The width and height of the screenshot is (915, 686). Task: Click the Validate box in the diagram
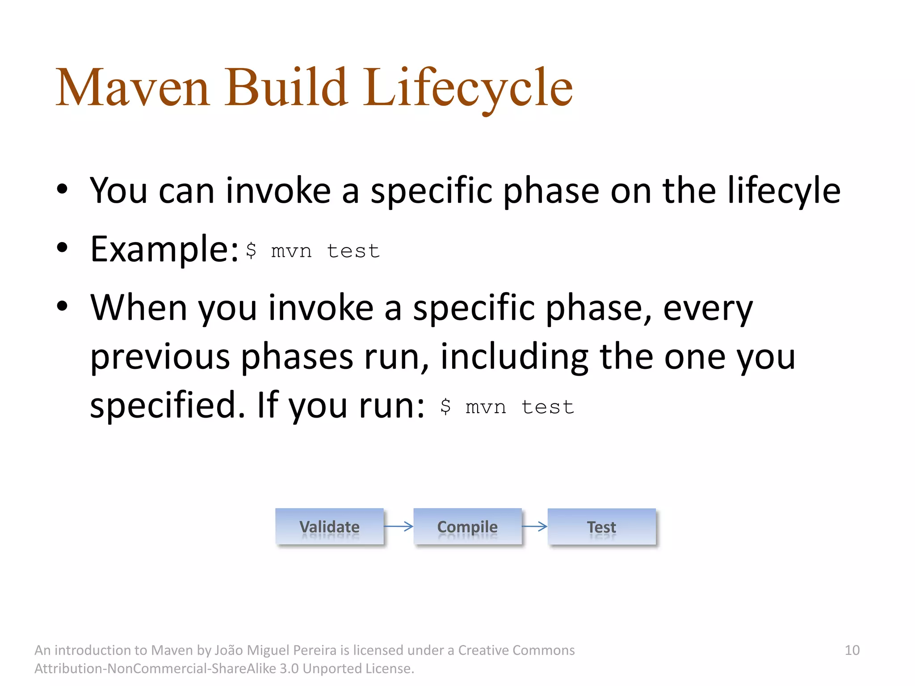pyautogui.click(x=329, y=527)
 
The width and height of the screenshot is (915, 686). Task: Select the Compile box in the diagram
pyautogui.click(x=467, y=527)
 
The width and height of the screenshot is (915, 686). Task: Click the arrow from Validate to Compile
pyautogui.click(x=399, y=527)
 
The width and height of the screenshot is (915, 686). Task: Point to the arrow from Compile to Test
pyautogui.click(x=534, y=527)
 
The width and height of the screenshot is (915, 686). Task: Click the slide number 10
pyautogui.click(x=852, y=650)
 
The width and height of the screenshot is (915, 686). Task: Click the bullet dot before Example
pyautogui.click(x=62, y=247)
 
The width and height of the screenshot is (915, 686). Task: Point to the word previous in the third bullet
pyautogui.click(x=160, y=357)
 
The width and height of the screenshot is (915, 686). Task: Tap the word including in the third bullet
pyautogui.click(x=514, y=357)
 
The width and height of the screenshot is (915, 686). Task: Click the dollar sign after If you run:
pyautogui.click(x=445, y=406)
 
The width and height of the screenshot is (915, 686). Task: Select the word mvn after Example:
pyautogui.click(x=291, y=251)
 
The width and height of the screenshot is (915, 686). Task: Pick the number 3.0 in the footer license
pyautogui.click(x=289, y=669)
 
